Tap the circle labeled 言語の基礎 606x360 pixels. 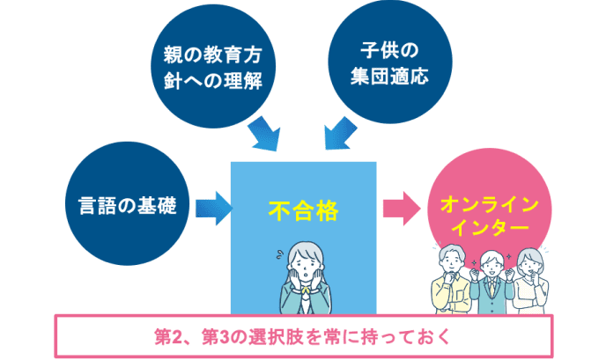(x=123, y=206)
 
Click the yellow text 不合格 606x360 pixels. (x=302, y=210)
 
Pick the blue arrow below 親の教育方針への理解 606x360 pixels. (x=263, y=136)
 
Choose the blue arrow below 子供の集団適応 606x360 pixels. (x=338, y=136)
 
